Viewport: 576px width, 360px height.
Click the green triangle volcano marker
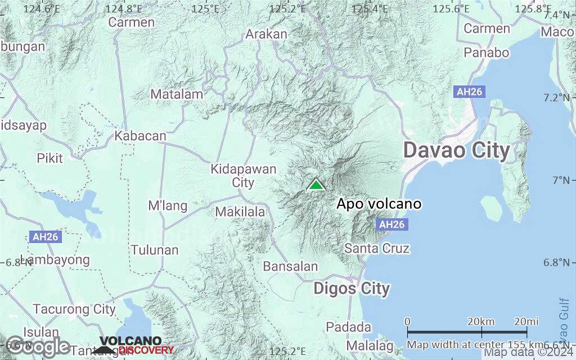[x=317, y=184]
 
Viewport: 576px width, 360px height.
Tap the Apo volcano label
[x=379, y=204]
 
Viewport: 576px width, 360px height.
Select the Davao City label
[x=457, y=151]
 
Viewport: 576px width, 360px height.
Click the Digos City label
[x=352, y=289]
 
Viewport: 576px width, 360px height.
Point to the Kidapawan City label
[x=244, y=175]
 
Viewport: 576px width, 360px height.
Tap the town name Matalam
[x=177, y=94]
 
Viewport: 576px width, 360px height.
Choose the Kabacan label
[x=141, y=136]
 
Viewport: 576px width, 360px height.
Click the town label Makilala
[x=240, y=212]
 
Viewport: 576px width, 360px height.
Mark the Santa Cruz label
[x=377, y=248]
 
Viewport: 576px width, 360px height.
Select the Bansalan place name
[x=291, y=267]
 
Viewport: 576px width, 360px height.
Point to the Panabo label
[x=487, y=53]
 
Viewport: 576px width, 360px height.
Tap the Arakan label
[x=267, y=34]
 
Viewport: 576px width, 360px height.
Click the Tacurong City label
[x=74, y=309]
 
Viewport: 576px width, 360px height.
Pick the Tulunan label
[x=155, y=250]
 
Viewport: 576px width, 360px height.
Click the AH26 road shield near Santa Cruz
[x=391, y=224]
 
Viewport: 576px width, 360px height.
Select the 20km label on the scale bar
[x=481, y=321]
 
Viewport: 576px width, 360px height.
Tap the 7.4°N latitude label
[x=560, y=15]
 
